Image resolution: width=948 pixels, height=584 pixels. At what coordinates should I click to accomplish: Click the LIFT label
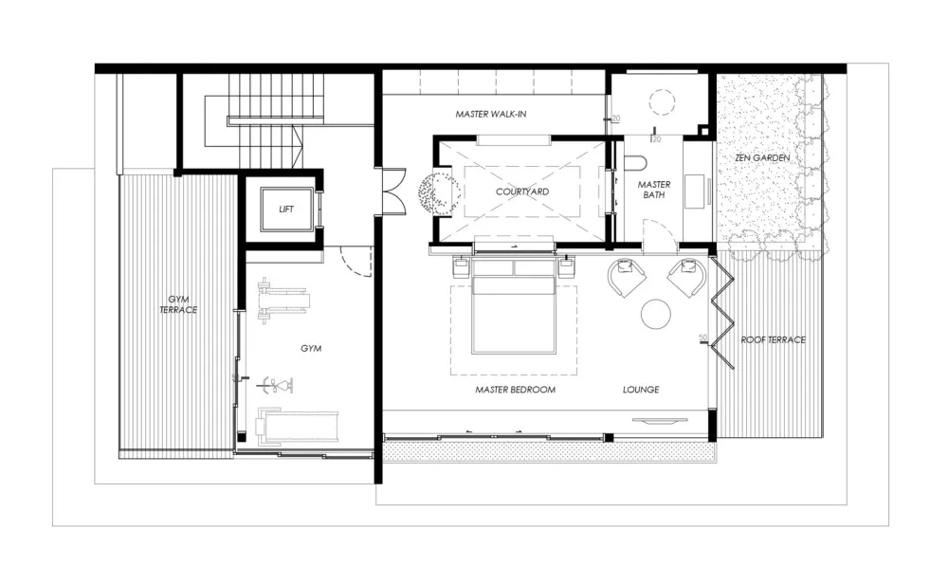(x=286, y=208)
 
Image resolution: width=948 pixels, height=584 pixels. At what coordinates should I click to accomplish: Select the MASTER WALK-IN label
(x=490, y=115)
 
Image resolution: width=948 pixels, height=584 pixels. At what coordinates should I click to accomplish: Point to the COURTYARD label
(x=522, y=192)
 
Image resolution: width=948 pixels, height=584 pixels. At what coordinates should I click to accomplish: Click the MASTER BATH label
(x=654, y=190)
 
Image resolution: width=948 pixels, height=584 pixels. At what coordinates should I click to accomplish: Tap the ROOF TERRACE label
(x=774, y=339)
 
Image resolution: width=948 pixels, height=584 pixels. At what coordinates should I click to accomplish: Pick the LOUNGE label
(x=641, y=390)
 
